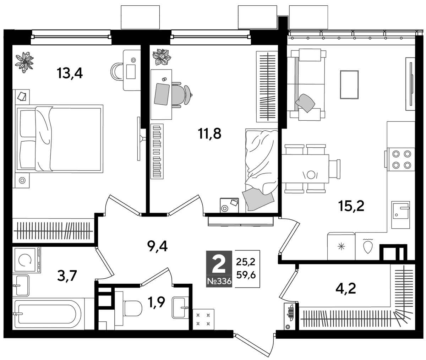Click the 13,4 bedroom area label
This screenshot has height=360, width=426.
tap(70, 73)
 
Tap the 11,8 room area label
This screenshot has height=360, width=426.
tap(209, 134)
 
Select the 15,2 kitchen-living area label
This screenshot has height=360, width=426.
tap(351, 206)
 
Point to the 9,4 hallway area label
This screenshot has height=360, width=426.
tap(157, 246)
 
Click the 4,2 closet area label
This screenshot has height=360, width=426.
tap(346, 288)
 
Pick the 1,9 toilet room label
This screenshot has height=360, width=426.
tap(157, 302)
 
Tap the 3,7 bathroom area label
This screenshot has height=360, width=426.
tap(67, 276)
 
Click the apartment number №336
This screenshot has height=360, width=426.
tap(219, 281)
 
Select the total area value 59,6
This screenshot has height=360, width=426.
tap(246, 275)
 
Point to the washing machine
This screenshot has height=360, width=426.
tap(27, 260)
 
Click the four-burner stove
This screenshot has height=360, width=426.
tap(401, 159)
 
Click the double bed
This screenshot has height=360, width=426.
tap(60, 139)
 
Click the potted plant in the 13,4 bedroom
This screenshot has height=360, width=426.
tap(24, 62)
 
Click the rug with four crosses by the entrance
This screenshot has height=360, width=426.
tap(203, 320)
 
